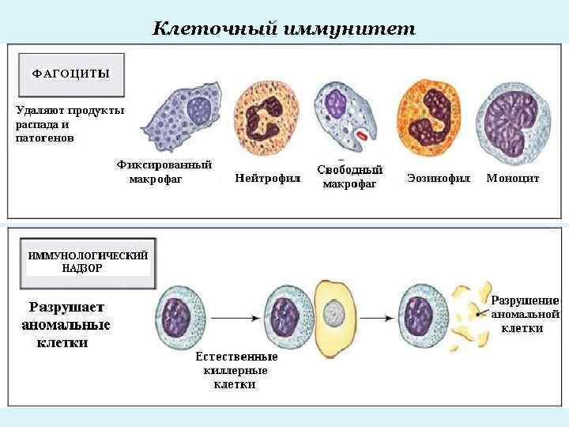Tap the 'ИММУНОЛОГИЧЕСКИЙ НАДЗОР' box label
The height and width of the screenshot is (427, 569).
pos(88,262)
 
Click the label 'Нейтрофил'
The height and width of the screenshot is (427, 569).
pos(268,179)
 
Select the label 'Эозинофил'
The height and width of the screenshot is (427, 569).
pos(439,179)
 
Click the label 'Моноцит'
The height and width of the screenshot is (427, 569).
pos(513,179)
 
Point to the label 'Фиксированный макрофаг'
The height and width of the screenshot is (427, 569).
pos(164,172)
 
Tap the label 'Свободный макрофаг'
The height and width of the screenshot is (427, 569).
pos(349,176)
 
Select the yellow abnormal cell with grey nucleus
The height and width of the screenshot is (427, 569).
pos(337,316)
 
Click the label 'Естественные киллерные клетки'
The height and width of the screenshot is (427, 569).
pos(236,370)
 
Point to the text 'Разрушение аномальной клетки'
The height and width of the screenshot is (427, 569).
pos(525,314)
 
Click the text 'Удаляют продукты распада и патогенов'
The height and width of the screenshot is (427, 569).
pos(70,123)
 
